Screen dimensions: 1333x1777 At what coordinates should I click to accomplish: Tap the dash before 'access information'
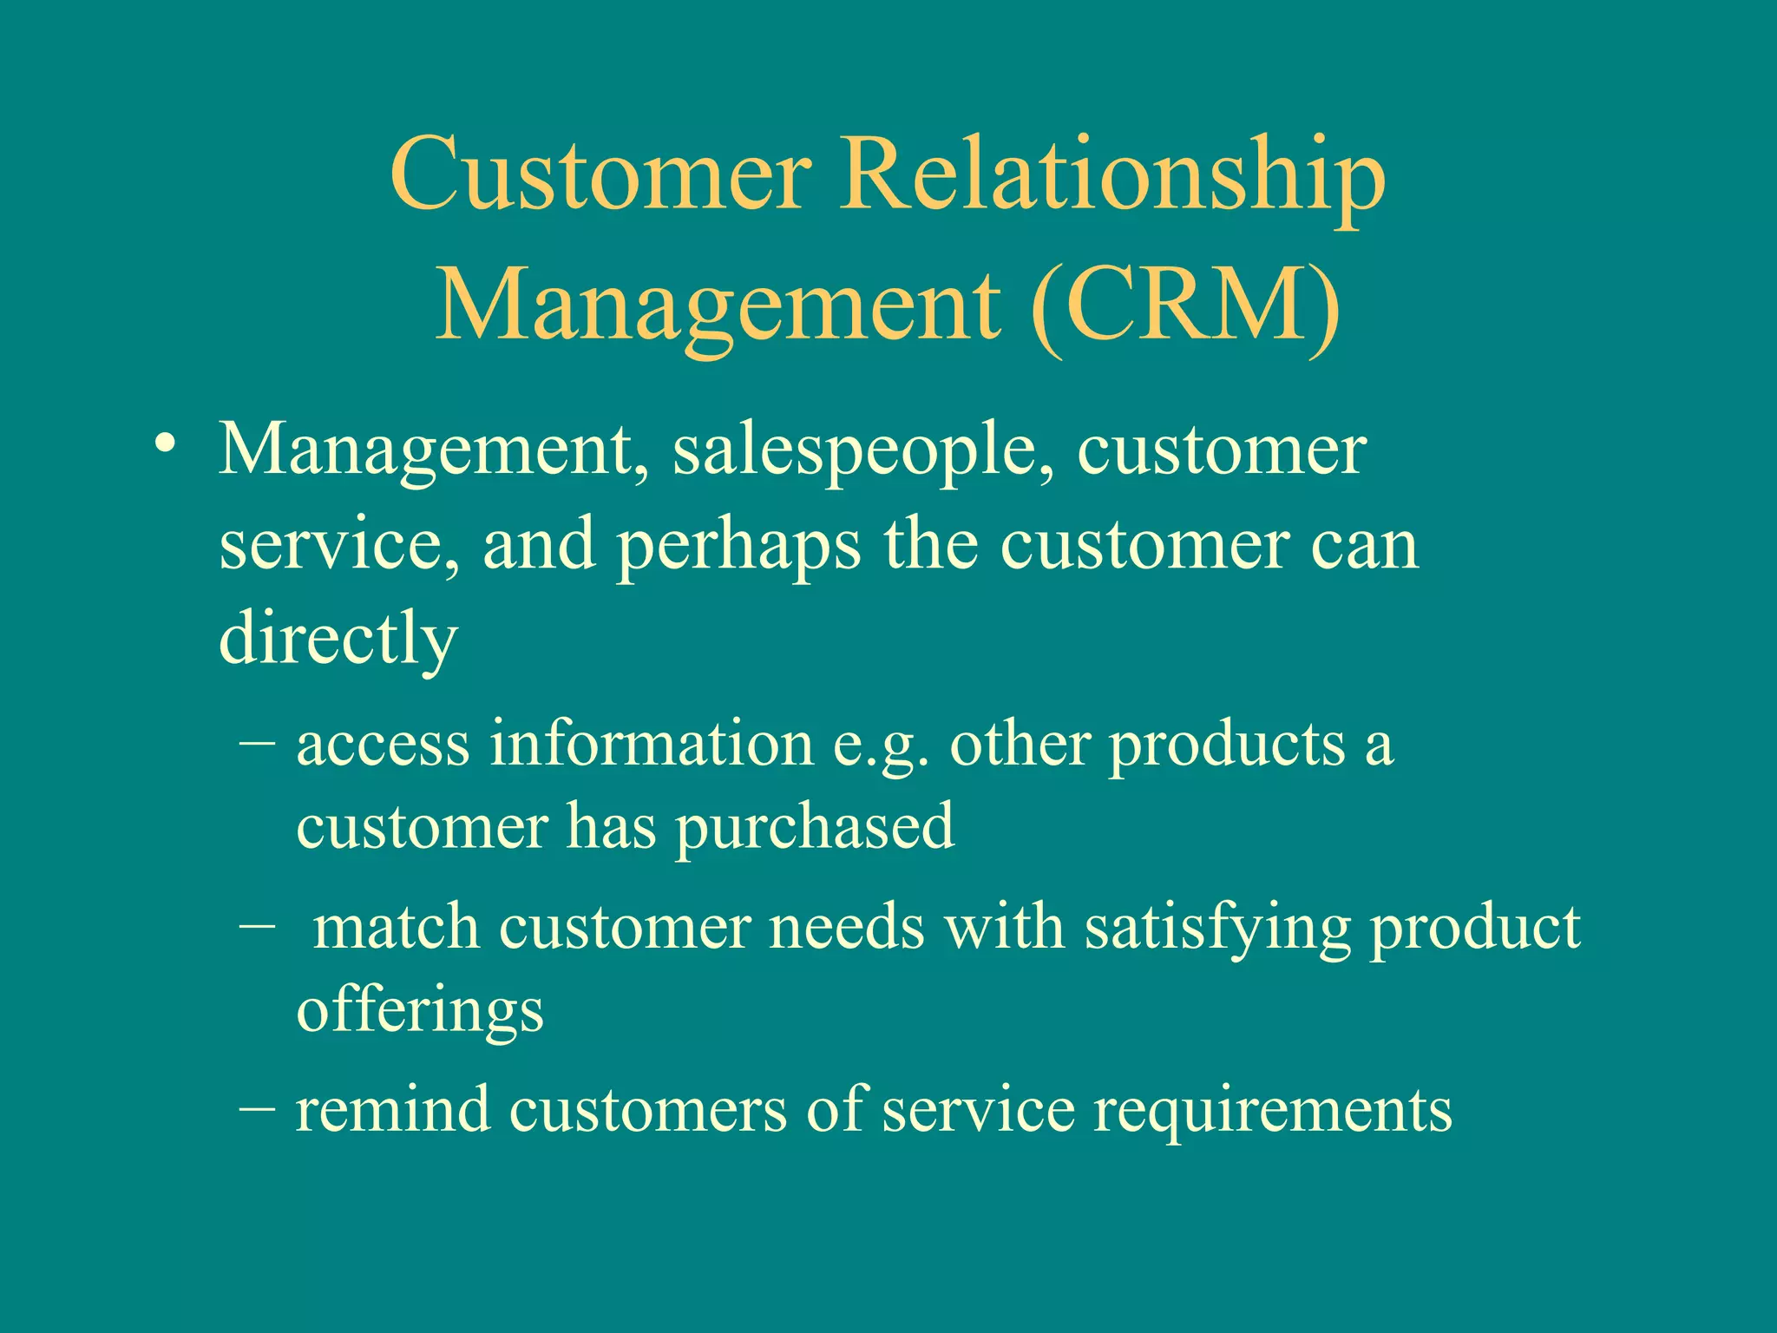(x=257, y=741)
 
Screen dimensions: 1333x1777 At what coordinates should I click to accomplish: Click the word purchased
(x=815, y=828)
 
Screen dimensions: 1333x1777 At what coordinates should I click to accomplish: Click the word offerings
(x=420, y=1012)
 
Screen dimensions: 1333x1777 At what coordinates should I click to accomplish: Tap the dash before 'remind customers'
(x=257, y=1109)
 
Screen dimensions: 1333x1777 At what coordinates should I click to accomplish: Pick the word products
(x=1227, y=746)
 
